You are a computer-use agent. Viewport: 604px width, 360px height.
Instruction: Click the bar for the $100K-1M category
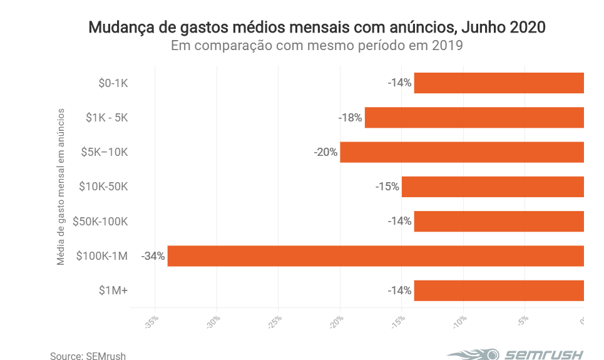[x=376, y=256]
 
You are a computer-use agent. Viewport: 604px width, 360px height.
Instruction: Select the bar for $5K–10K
[x=462, y=152]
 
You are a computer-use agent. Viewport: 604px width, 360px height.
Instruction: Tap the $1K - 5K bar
[x=474, y=118]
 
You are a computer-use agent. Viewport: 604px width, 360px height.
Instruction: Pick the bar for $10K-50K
[x=493, y=187]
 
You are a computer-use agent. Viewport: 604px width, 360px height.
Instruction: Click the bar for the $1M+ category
[x=499, y=291]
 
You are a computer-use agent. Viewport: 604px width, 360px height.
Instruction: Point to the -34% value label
[x=153, y=256]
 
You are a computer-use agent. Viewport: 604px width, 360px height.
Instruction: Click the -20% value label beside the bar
[x=325, y=152]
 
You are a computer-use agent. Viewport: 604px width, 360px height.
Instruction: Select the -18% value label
[x=351, y=118]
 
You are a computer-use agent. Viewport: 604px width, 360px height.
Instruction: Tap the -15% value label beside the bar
[x=387, y=187]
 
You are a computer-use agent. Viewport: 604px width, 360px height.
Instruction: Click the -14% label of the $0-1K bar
[x=399, y=83]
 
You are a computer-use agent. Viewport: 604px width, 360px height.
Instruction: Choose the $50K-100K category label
[x=100, y=221]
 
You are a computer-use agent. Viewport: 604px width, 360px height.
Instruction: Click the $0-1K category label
[x=113, y=83]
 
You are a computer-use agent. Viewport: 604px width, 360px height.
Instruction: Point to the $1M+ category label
[x=114, y=291]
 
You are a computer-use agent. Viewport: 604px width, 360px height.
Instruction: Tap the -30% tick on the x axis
[x=213, y=322]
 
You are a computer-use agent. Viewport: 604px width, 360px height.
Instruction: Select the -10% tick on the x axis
[x=459, y=322]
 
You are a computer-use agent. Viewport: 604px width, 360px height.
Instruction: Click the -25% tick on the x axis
[x=274, y=322]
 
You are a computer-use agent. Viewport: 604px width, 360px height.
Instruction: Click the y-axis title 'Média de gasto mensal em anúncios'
[x=61, y=187]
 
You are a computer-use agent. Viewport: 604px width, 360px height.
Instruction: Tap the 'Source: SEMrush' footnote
[x=88, y=356]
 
